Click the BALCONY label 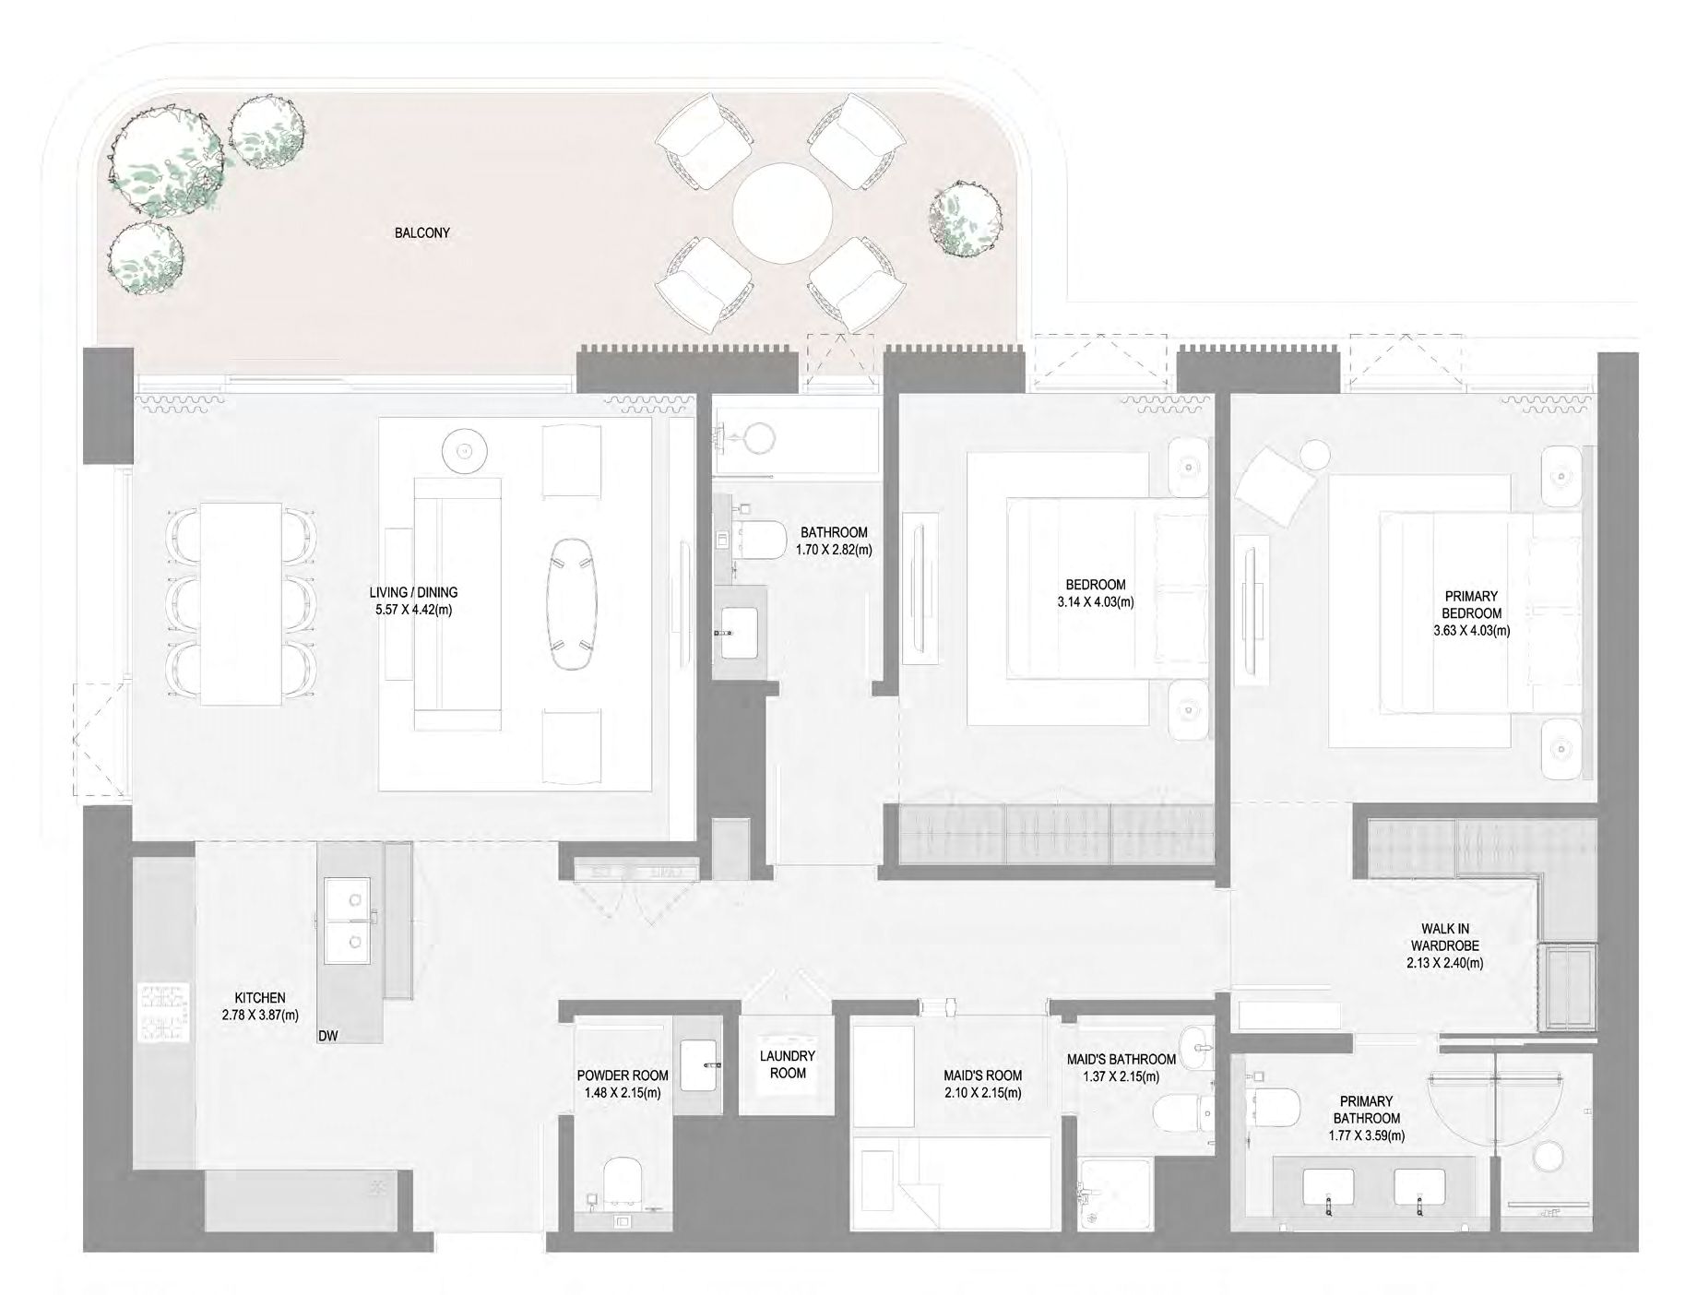click(x=421, y=233)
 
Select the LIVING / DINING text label click(x=413, y=592)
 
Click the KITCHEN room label click(x=260, y=998)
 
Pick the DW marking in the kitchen click(x=327, y=1036)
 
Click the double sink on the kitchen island click(x=347, y=923)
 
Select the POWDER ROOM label click(x=623, y=1075)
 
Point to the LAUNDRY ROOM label click(x=788, y=1064)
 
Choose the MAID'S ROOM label click(x=982, y=1075)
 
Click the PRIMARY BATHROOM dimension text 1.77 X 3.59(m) click(x=1367, y=1135)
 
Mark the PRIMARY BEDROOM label click(x=1471, y=604)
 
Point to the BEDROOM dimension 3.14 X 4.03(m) click(x=1095, y=602)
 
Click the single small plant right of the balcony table click(x=965, y=218)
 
